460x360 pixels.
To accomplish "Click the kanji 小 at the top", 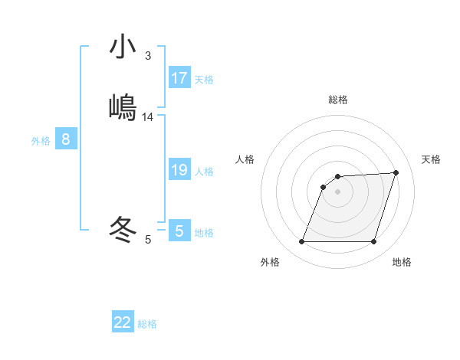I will (123, 47).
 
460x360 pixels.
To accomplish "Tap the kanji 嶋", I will (123, 106).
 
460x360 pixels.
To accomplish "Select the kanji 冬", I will (123, 228).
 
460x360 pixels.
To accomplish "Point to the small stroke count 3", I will (147, 56).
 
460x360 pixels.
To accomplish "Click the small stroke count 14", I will (148, 117).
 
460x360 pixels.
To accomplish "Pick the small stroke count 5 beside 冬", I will (148, 240).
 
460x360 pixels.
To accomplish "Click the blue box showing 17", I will (179, 78).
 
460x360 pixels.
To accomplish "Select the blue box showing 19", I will (179, 170).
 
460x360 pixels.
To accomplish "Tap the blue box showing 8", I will (66, 139).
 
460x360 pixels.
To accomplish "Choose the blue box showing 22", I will (123, 322).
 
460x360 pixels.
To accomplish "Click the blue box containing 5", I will (179, 231).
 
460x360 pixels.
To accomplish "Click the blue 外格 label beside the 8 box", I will (41, 141).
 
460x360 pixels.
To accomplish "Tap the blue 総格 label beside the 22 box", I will (147, 324).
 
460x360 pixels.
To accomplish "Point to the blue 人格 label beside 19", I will (205, 172).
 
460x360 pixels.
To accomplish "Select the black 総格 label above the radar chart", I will (338, 100).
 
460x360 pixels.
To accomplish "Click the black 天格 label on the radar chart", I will (431, 159).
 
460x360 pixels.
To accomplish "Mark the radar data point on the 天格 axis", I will (396, 172).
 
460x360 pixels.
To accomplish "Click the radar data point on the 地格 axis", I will (374, 242).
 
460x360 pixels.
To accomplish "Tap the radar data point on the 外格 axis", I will (301, 242).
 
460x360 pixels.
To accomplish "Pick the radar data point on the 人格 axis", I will (323, 187).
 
